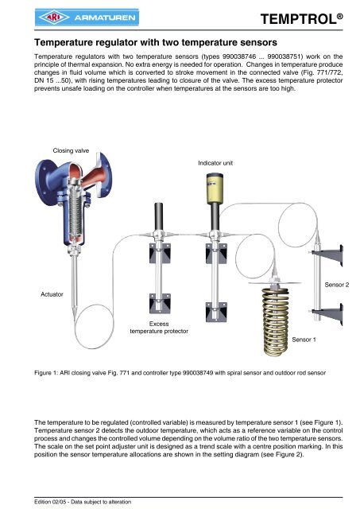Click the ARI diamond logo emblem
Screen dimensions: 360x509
point(53,17)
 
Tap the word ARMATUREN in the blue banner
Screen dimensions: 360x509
point(105,17)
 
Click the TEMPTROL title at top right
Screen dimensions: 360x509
point(301,19)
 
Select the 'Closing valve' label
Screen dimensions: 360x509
point(71,150)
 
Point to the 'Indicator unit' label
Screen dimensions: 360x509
point(215,163)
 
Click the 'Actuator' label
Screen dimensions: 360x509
point(52,294)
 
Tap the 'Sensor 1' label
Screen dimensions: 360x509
point(304,340)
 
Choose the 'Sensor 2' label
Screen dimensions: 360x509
point(337,285)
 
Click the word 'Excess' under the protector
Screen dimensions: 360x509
point(159,324)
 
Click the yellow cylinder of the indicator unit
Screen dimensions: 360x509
point(215,188)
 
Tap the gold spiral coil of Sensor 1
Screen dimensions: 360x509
point(275,321)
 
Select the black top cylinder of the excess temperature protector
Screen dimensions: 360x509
point(159,216)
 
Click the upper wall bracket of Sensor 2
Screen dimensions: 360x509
point(328,254)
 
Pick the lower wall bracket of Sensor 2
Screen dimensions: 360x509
point(328,314)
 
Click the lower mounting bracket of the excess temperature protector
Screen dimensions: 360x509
point(160,304)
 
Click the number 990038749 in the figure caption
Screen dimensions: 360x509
point(198,373)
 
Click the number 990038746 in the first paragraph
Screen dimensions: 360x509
point(239,56)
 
